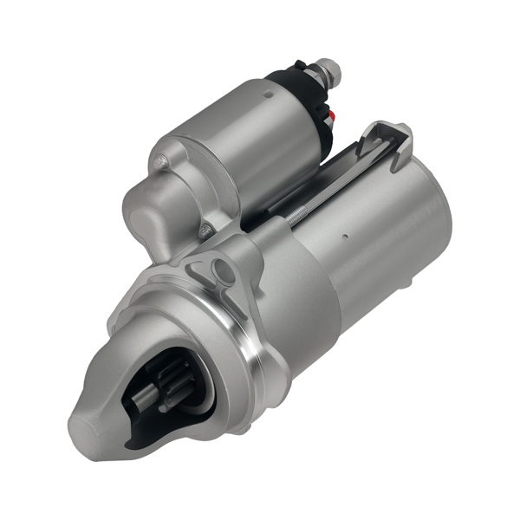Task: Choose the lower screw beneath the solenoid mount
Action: tap(205, 231)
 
